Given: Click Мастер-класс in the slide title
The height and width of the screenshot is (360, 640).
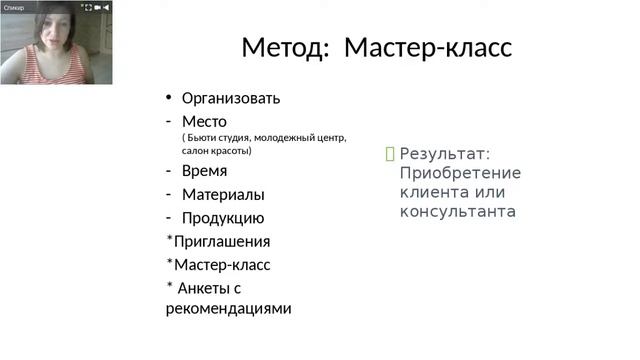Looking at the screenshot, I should [x=427, y=47].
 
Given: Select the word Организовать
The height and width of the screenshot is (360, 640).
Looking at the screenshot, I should [x=230, y=98].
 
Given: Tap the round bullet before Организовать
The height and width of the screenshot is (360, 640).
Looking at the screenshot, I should [x=169, y=98].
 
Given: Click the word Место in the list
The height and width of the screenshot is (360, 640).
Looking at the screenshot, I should [x=204, y=121].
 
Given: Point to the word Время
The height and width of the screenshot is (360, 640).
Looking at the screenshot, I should [x=204, y=171].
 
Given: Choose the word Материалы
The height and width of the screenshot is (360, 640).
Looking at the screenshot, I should [x=222, y=195].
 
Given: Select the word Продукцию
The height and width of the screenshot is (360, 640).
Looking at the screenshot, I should [x=222, y=218].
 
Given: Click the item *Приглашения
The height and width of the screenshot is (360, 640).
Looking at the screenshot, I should [x=218, y=241].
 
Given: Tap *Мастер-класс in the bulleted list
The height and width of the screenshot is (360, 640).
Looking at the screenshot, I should [x=218, y=265].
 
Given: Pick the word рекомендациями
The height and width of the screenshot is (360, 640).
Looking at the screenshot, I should [x=228, y=308].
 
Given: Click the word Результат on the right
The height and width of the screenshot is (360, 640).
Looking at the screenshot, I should [x=444, y=154].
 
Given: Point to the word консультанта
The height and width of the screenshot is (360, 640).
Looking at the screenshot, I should [x=457, y=211].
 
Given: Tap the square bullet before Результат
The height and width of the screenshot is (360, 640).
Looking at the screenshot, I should [x=390, y=154].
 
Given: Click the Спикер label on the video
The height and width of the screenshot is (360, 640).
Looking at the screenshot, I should [x=14, y=7].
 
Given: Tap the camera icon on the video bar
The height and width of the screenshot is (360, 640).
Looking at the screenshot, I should [x=94, y=7].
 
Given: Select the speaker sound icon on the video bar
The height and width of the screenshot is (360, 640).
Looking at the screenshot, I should [x=106, y=7].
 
